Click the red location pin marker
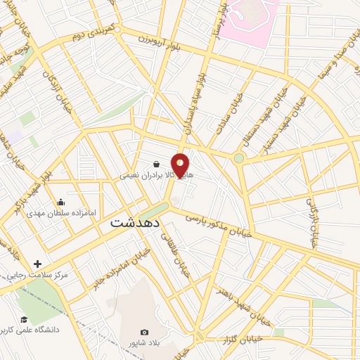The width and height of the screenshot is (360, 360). click(181, 165)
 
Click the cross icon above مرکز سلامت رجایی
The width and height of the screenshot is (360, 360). click(37, 264)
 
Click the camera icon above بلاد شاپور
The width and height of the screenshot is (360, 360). click(145, 332)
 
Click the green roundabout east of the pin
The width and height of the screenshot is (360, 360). click(240, 157)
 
